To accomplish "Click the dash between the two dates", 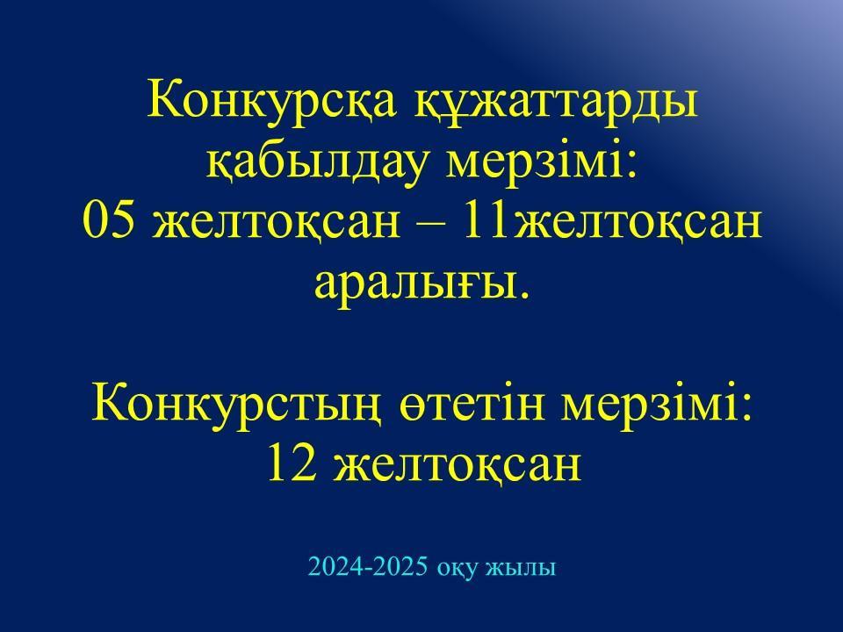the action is (x=432, y=224).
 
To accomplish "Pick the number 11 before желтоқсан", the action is (x=485, y=220).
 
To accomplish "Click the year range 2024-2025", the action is (x=369, y=567).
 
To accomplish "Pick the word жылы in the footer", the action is (x=521, y=568).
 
